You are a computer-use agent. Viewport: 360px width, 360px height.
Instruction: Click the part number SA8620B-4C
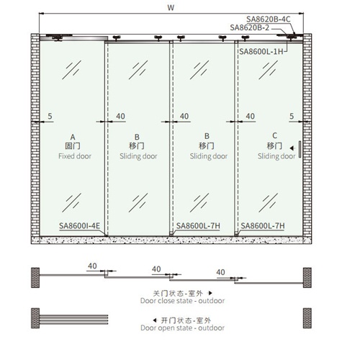(269, 19)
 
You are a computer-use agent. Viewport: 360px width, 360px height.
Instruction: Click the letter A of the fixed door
(72, 137)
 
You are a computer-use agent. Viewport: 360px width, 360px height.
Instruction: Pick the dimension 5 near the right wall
(292, 116)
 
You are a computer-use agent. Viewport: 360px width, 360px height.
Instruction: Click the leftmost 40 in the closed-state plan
(92, 266)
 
